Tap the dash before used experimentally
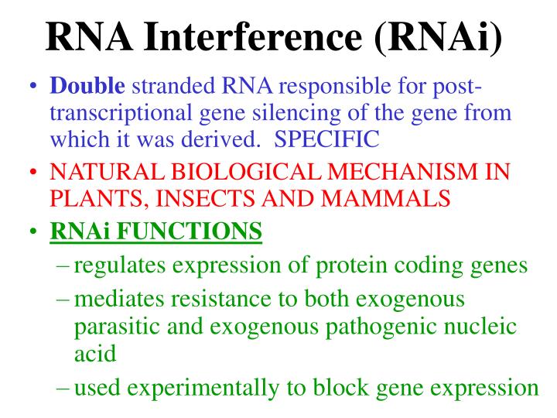[63, 387]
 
